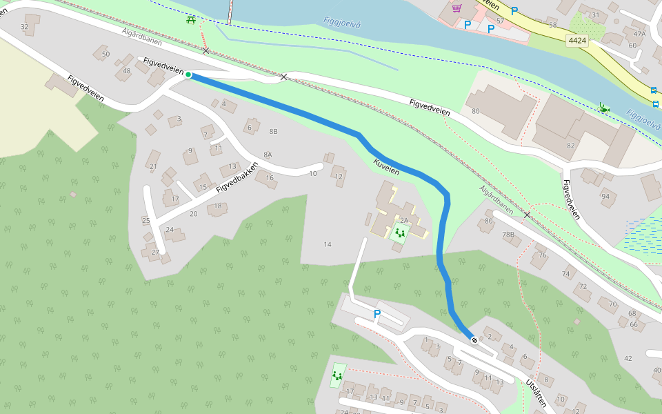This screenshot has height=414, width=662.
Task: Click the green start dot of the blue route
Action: click(x=188, y=75)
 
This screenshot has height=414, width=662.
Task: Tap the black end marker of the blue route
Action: click(x=474, y=340)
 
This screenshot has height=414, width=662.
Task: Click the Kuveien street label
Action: click(x=386, y=167)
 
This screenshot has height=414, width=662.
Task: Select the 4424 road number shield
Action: click(x=577, y=41)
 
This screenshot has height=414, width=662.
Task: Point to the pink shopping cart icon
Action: click(x=457, y=8)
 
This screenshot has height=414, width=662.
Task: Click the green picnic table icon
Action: click(x=191, y=19)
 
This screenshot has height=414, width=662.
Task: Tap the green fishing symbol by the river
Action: click(x=603, y=107)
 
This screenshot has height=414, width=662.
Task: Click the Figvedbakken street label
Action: click(x=237, y=178)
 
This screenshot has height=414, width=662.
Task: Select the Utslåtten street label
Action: click(x=536, y=393)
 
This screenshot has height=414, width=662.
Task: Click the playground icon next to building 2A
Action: click(x=399, y=233)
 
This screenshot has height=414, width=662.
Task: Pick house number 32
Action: click(x=25, y=27)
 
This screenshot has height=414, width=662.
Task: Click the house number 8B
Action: click(x=273, y=131)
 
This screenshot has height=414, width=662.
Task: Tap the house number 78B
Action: click(x=508, y=235)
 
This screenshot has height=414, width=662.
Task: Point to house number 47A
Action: click(x=639, y=34)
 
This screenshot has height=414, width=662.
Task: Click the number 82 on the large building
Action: click(x=570, y=146)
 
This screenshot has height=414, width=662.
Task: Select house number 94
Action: click(x=605, y=196)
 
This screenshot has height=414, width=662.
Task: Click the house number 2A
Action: click(x=404, y=221)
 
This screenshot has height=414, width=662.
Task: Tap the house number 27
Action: click(x=154, y=252)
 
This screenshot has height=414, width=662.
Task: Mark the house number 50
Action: click(x=106, y=54)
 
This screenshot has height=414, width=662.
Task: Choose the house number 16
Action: click(x=270, y=178)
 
